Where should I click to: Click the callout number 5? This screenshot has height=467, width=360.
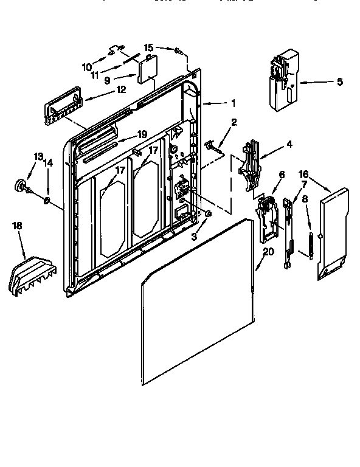339,81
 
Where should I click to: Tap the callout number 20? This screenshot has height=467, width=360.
269,251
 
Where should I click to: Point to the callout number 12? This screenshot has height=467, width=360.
121,89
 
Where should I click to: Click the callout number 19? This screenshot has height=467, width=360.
142,134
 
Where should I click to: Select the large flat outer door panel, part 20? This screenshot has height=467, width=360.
195,304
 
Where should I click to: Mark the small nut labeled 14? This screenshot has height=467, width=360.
47,200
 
